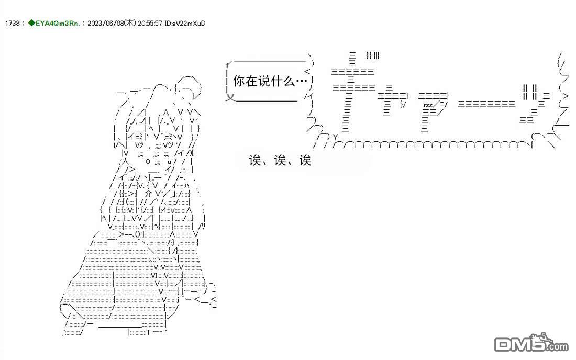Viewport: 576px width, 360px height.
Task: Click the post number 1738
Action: pyautogui.click(x=12, y=24)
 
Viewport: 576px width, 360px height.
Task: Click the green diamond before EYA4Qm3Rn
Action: pyautogui.click(x=31, y=24)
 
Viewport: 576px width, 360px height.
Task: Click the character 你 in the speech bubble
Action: pyautogui.click(x=239, y=82)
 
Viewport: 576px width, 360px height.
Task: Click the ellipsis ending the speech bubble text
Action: pyautogui.click(x=302, y=82)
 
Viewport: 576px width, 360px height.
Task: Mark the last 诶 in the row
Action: pyautogui.click(x=305, y=161)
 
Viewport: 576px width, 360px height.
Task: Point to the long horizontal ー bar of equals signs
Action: pyautogui.click(x=486, y=104)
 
